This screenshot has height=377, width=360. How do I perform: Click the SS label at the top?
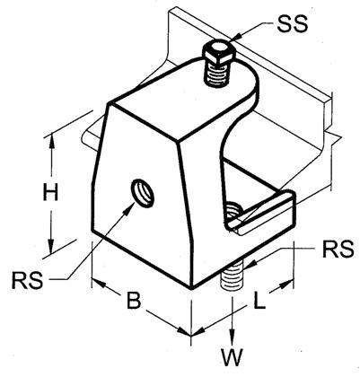pos(292,24)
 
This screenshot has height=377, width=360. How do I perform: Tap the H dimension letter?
pos(50,192)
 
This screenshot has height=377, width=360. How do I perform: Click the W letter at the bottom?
pos(232,357)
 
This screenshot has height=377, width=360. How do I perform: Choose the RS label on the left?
pos(27,280)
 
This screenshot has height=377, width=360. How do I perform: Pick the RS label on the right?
pos(338,250)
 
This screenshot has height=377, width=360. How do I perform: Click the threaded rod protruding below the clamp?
pos(233,276)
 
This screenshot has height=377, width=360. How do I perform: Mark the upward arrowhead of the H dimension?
pos(52,141)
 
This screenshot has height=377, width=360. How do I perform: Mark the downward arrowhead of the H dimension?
pos(52,245)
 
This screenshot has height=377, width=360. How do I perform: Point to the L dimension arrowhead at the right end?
pos(286,284)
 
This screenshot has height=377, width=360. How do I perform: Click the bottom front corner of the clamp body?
pos(191,288)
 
